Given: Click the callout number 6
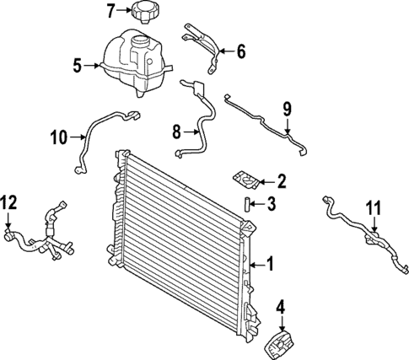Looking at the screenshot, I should click(x=240, y=52).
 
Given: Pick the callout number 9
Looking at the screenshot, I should click(x=287, y=109).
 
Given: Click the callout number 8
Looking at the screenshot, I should click(x=177, y=131).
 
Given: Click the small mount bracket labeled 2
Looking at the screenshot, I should click(x=245, y=180).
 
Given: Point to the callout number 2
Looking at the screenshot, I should click(x=283, y=180).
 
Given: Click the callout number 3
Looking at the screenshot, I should click(x=272, y=203).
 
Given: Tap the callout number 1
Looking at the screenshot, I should click(x=270, y=265).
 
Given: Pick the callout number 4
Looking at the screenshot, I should click(x=281, y=307).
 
